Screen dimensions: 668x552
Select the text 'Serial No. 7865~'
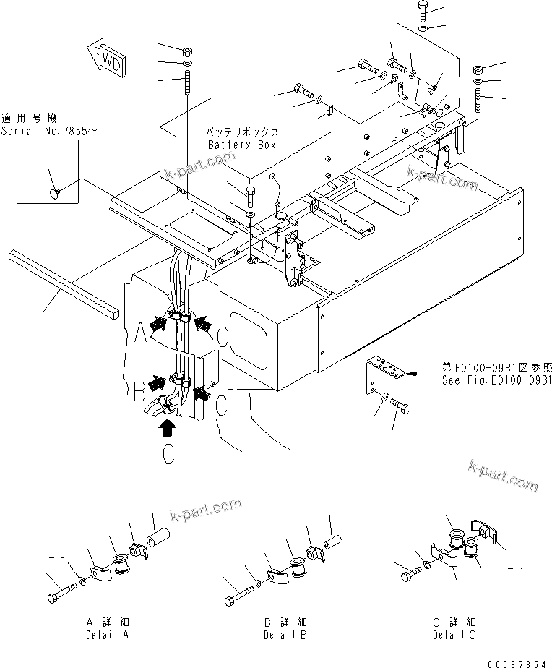38,131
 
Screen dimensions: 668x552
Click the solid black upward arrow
168,429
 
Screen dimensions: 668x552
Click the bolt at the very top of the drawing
423,10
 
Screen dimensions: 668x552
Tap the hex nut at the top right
478,69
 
